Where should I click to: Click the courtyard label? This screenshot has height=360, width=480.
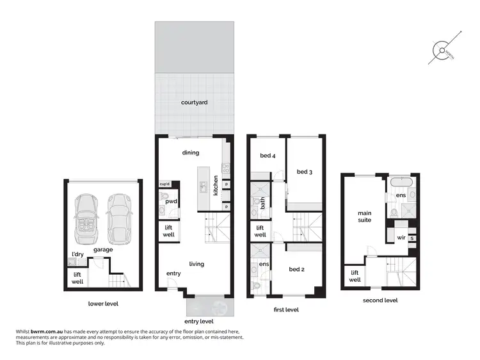click(194, 102)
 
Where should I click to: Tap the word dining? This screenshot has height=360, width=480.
click(191, 152)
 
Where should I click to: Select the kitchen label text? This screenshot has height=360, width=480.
click(216, 185)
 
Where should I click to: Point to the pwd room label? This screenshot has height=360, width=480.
click(171, 201)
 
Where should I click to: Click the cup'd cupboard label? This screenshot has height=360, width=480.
click(164, 184)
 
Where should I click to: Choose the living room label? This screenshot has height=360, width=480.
click(196, 263)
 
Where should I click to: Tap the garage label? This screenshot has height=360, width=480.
click(103, 250)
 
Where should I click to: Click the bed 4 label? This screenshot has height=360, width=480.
click(268, 156)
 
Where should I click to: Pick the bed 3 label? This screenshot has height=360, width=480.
click(304, 172)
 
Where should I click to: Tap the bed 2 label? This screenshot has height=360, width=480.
click(296, 269)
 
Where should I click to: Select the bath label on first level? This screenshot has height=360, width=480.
click(262, 203)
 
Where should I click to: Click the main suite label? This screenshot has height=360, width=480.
click(365, 217)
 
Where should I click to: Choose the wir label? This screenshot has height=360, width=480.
click(401, 237)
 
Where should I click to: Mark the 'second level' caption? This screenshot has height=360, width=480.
click(380, 300)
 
